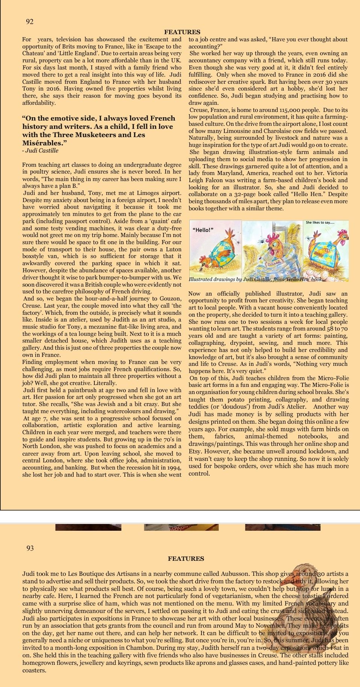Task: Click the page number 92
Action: coord(30,22)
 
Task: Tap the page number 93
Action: coord(30,548)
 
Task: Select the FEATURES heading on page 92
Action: coord(182,32)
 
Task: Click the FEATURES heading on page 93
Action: coord(186,559)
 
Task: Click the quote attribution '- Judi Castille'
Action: coord(40,151)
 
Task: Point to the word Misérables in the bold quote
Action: coord(40,143)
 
